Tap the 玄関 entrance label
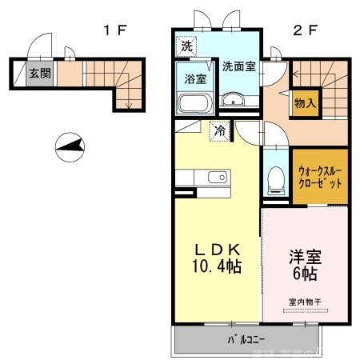(38, 74)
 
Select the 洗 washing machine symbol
(186, 46)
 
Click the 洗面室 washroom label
(238, 67)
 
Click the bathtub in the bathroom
(194, 104)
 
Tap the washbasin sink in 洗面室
(234, 100)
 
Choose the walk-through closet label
(320, 176)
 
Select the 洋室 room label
(304, 258)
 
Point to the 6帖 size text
(304, 274)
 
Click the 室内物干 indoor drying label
(304, 302)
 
